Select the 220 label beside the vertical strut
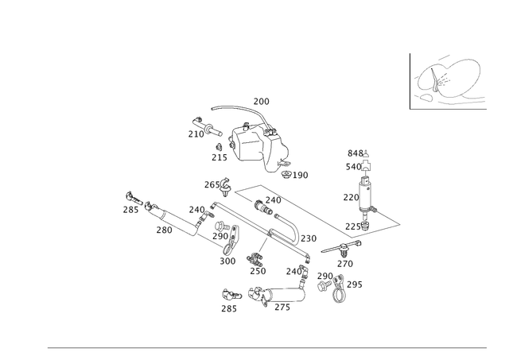pos(347,195)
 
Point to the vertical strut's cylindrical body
pos(364,195)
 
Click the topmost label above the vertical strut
pos(358,153)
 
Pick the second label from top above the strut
pos(353,167)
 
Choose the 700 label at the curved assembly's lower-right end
pos(301,174)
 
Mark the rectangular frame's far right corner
pos(401,221)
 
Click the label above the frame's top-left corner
pos(213,184)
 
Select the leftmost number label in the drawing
pos(127,209)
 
